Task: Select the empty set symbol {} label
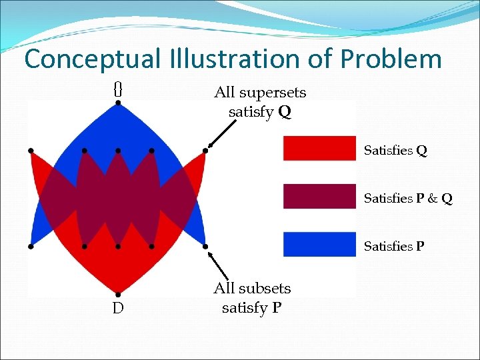point(117,88)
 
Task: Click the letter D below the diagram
point(117,309)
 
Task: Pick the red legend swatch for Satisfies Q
point(319,148)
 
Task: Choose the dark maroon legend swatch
point(319,196)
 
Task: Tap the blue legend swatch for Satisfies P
point(319,244)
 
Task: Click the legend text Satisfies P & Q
point(407,199)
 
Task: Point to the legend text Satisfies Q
point(395,151)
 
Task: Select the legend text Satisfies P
point(393,247)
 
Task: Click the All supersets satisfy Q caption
point(259,102)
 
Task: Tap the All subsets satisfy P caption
point(251,298)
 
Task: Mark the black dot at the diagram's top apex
point(117,103)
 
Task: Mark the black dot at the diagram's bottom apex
point(117,293)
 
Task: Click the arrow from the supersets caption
point(222,133)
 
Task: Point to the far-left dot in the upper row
point(31,151)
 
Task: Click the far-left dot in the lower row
point(31,247)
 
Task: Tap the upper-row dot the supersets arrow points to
point(205,151)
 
